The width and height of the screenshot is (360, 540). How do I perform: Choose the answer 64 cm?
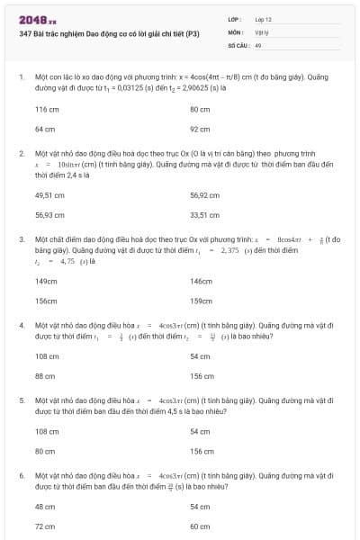[x=44, y=129]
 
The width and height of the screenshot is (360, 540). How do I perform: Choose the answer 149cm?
[x=46, y=281]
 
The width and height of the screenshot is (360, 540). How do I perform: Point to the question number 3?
[x=21, y=238]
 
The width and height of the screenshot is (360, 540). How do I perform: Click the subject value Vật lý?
[x=263, y=31]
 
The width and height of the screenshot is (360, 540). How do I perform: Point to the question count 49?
[x=258, y=43]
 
